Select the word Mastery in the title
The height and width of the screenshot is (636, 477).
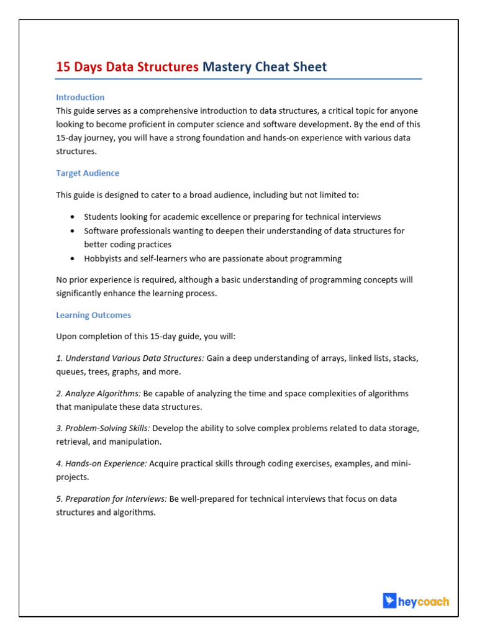[227, 67]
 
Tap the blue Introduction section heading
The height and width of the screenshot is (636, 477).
[80, 97]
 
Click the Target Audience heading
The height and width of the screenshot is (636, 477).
[88, 173]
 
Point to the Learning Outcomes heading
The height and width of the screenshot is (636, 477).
[93, 315]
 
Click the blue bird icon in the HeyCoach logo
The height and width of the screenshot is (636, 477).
[389, 601]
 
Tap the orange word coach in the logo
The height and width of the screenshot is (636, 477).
[434, 601]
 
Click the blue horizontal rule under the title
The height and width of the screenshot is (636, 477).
[238, 79]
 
